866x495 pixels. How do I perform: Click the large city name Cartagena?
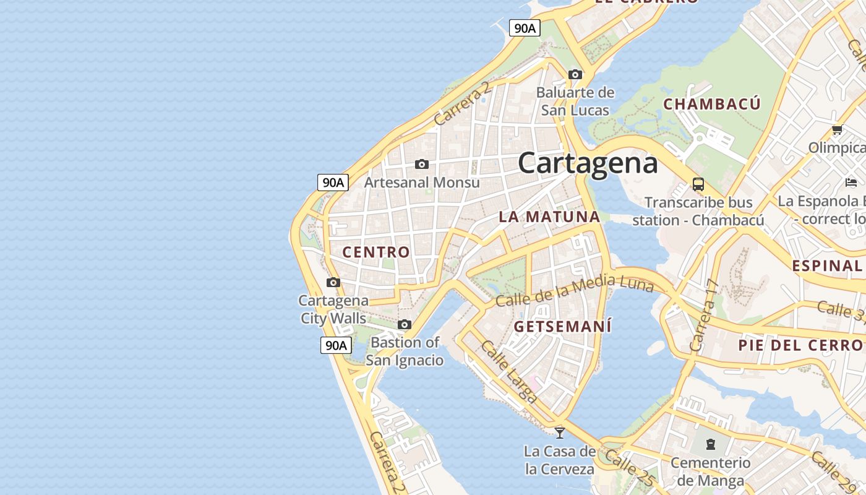(588, 163)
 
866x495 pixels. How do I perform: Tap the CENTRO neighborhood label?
(376, 252)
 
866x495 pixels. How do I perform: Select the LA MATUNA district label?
(549, 217)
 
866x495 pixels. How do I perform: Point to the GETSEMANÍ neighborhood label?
(562, 326)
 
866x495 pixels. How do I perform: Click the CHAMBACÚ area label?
(711, 104)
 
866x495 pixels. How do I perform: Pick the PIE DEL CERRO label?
(801, 345)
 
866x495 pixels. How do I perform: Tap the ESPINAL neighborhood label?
(827, 265)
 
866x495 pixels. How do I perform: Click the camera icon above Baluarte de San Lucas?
(575, 75)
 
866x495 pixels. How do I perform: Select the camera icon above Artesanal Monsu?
(422, 164)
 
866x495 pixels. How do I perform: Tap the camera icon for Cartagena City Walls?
(333, 283)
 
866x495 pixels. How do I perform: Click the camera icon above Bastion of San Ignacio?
(405, 324)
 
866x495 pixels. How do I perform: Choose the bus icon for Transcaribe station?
(698, 184)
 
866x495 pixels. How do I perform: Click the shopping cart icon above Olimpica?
(837, 130)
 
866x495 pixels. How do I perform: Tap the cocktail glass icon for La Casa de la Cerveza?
(560, 433)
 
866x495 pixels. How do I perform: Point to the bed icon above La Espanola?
(851, 183)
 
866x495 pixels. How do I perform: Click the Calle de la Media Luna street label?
(575, 291)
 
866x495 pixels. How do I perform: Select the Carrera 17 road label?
(705, 316)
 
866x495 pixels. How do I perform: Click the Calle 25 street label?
(629, 468)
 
